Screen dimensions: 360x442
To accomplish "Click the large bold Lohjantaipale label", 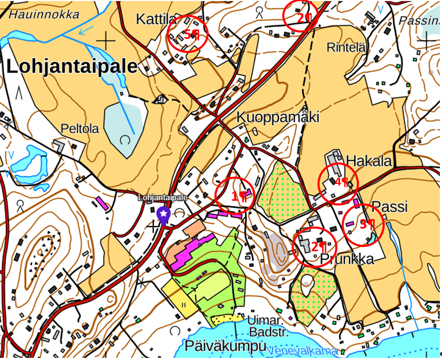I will coord(72,67).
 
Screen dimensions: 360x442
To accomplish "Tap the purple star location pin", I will coord(164,214).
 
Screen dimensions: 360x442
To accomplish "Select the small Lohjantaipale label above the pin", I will coord(163,198).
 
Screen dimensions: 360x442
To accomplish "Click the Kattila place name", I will coord(156,19).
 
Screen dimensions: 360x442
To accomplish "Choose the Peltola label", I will coord(80,129).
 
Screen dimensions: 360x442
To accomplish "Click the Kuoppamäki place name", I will coord(277,117).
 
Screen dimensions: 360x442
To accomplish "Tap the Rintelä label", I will coord(346,47).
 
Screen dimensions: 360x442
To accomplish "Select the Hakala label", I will coord(369,161).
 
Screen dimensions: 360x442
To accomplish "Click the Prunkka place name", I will coord(347,259).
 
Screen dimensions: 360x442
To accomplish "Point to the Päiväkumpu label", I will coord(226,346).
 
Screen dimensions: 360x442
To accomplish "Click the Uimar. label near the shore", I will coord(266,320).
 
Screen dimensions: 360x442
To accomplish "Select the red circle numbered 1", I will coord(235,196).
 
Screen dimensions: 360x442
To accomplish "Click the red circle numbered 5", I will coord(187,34).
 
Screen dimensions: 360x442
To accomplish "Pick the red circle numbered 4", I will coord(338,183).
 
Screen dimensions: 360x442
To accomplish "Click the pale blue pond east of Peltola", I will coord(124,126).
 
